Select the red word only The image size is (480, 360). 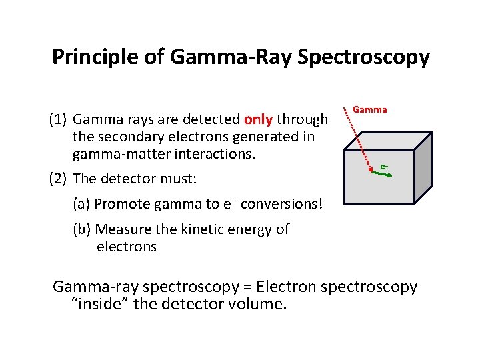coord(258,119)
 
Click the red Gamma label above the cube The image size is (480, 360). coord(369,109)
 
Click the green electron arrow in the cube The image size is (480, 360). coord(381,173)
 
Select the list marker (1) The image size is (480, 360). coord(58,120)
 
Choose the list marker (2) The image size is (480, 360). coord(58,178)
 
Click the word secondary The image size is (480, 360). coord(125,137)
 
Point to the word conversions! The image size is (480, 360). coord(282,204)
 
